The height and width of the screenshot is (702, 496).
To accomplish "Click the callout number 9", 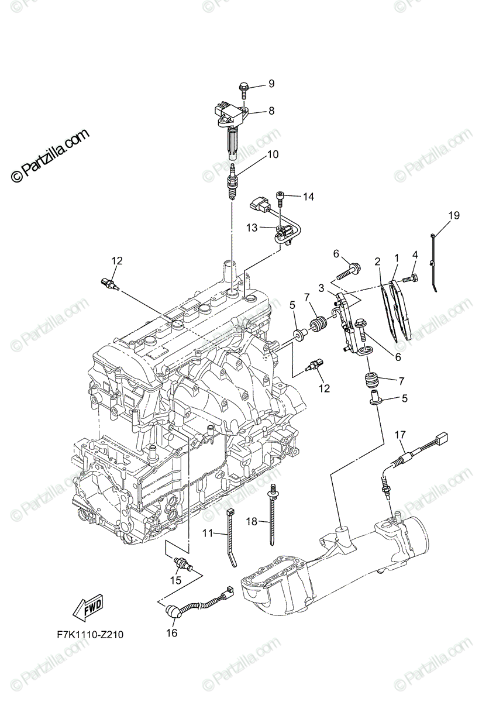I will click(271, 84).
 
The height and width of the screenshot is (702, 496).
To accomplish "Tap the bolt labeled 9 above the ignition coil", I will click(243, 89).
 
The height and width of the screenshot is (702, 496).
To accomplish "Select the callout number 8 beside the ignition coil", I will click(271, 111).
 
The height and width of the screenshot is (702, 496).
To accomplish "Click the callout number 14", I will click(308, 197).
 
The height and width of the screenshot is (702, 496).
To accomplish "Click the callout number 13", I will click(252, 228).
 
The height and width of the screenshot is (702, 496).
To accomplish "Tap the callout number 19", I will click(454, 216).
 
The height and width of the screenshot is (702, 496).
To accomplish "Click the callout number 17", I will click(399, 435).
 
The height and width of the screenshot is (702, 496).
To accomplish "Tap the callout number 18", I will click(252, 520).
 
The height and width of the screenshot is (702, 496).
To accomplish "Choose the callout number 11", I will click(208, 533).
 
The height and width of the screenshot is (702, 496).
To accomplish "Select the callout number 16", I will click(172, 632).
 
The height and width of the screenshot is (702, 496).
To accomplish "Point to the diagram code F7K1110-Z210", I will click(90, 635).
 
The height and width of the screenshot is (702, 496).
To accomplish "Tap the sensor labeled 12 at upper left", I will click(109, 283).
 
